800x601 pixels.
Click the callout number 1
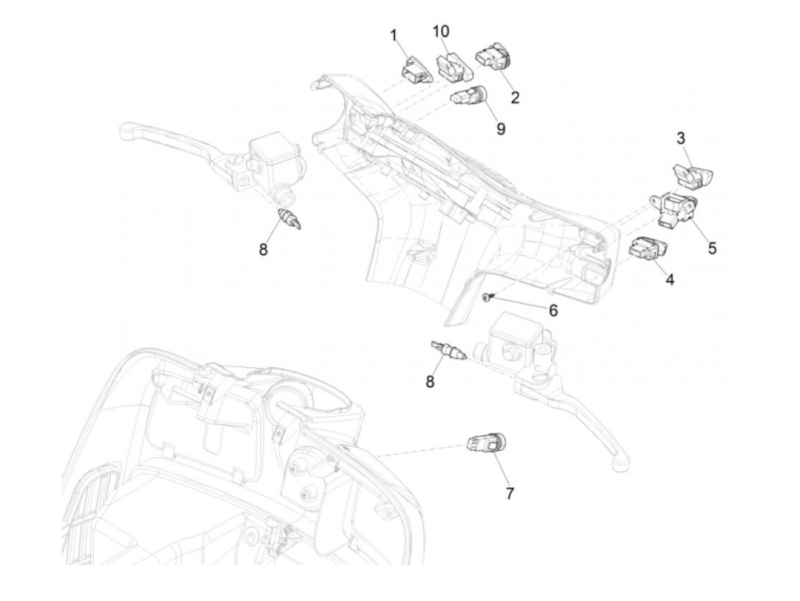(393, 35)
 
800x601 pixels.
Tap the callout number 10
(441, 31)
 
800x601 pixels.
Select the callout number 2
(515, 98)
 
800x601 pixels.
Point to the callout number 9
(501, 129)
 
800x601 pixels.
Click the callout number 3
(681, 138)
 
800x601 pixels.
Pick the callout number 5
(711, 248)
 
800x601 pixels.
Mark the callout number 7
(509, 492)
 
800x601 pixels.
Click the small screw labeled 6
(486, 297)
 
